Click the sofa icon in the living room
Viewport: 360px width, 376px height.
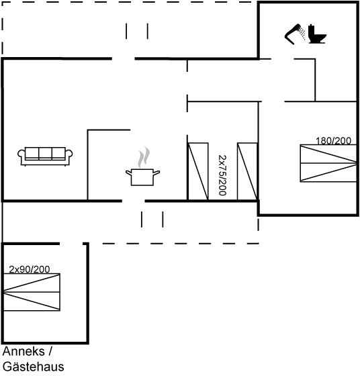(x=45, y=156)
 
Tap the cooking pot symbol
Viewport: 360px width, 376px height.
(x=142, y=177)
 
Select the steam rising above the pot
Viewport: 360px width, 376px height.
(x=144, y=157)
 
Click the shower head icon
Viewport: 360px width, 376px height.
(x=295, y=34)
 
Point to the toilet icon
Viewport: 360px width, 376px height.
(x=317, y=34)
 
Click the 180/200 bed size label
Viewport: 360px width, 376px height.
(x=333, y=141)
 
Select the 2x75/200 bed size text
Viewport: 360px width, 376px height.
(x=222, y=175)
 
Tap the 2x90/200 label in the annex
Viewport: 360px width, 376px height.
(x=30, y=269)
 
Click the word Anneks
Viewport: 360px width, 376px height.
(x=24, y=351)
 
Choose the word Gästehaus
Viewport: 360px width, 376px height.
(x=34, y=367)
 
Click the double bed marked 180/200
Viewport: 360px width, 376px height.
(x=328, y=163)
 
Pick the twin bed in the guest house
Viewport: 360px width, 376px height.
(x=32, y=292)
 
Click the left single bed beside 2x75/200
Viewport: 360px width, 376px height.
(x=198, y=171)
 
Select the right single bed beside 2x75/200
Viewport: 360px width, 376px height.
(x=248, y=171)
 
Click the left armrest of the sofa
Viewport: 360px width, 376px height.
(x=21, y=154)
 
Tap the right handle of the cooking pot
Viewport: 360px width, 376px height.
(x=156, y=173)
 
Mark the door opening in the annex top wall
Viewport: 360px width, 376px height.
(x=71, y=244)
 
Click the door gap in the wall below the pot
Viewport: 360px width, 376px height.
(x=134, y=201)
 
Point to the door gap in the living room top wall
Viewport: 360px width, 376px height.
(x=124, y=58)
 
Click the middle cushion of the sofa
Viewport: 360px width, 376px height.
(x=45, y=154)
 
